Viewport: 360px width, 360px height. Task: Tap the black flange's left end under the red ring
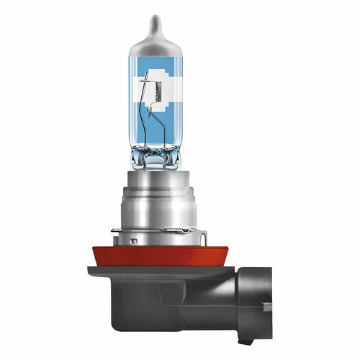[x=92, y=271]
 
